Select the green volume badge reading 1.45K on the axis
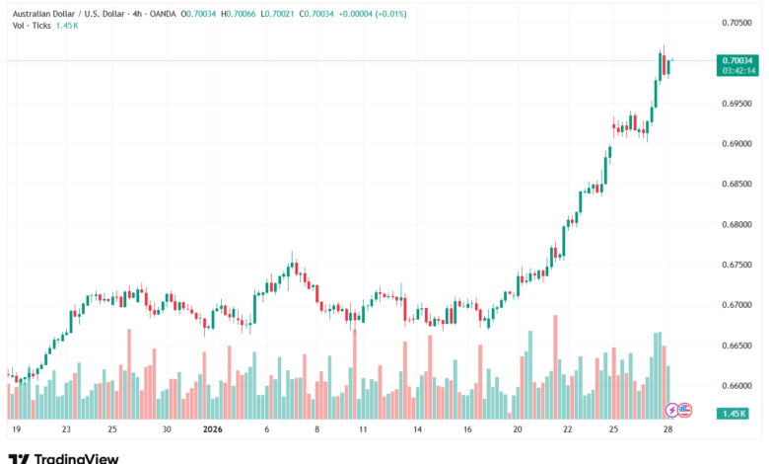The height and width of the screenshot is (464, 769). click(x=732, y=412)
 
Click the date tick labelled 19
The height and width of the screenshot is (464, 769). click(x=16, y=430)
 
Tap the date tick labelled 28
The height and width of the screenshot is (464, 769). click(x=669, y=430)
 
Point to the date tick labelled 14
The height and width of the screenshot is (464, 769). click(x=418, y=430)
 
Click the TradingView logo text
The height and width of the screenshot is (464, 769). click(x=77, y=458)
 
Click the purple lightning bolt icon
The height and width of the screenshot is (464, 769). click(x=672, y=410)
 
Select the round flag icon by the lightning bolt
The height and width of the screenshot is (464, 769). click(x=685, y=410)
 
